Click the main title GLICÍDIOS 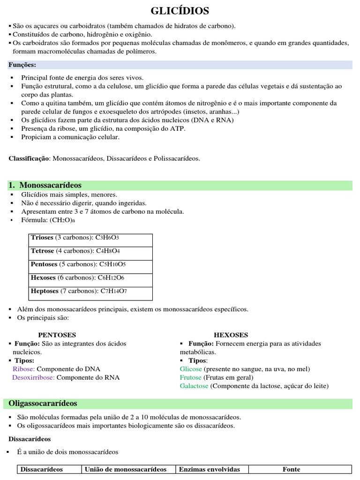pos(180,11)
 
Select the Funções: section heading pos(22,65)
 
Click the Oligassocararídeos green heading pos(43,403)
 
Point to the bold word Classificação pos(29,159)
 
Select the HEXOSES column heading pos(231,335)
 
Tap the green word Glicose pos(191,369)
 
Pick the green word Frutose pos(191,377)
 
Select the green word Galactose pos(194,386)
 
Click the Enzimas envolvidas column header pos(210,469)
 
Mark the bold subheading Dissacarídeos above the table pos(30,439)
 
